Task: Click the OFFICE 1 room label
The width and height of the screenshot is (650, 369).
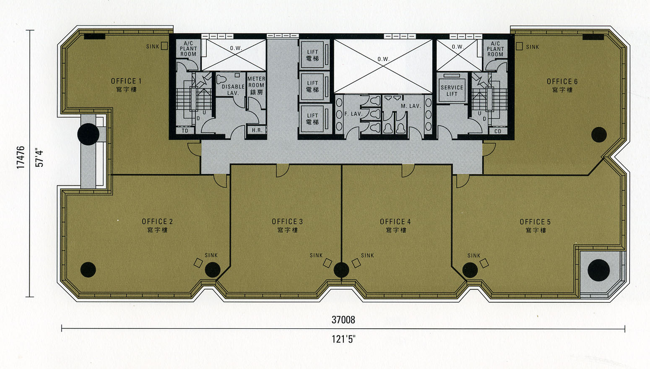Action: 126,81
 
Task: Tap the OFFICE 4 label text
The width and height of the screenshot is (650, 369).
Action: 395,222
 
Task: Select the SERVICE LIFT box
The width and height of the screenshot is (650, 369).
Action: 452,88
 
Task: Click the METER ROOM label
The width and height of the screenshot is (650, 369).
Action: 256,82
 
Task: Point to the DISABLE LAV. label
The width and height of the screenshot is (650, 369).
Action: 233,90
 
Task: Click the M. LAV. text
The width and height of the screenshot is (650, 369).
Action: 411,106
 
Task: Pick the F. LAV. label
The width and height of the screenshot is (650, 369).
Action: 354,114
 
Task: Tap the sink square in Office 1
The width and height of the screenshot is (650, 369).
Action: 164,46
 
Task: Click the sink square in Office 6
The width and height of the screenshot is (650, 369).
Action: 519,46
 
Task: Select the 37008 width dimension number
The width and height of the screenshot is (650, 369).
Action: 343,320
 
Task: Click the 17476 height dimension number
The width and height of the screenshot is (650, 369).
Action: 21,157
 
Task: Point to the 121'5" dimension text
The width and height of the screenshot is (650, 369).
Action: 343,339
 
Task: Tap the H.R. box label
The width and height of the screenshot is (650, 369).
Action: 257,130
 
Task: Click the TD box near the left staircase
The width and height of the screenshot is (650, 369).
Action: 185,131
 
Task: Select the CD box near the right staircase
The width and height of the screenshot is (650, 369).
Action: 498,131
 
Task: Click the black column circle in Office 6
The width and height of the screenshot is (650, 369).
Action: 599,135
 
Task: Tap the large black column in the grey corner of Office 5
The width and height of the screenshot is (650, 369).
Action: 599,270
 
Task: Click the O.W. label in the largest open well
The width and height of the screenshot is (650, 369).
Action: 383,59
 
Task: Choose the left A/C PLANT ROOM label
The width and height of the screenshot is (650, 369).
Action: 188,49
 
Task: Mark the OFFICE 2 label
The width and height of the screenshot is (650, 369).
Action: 157,222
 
